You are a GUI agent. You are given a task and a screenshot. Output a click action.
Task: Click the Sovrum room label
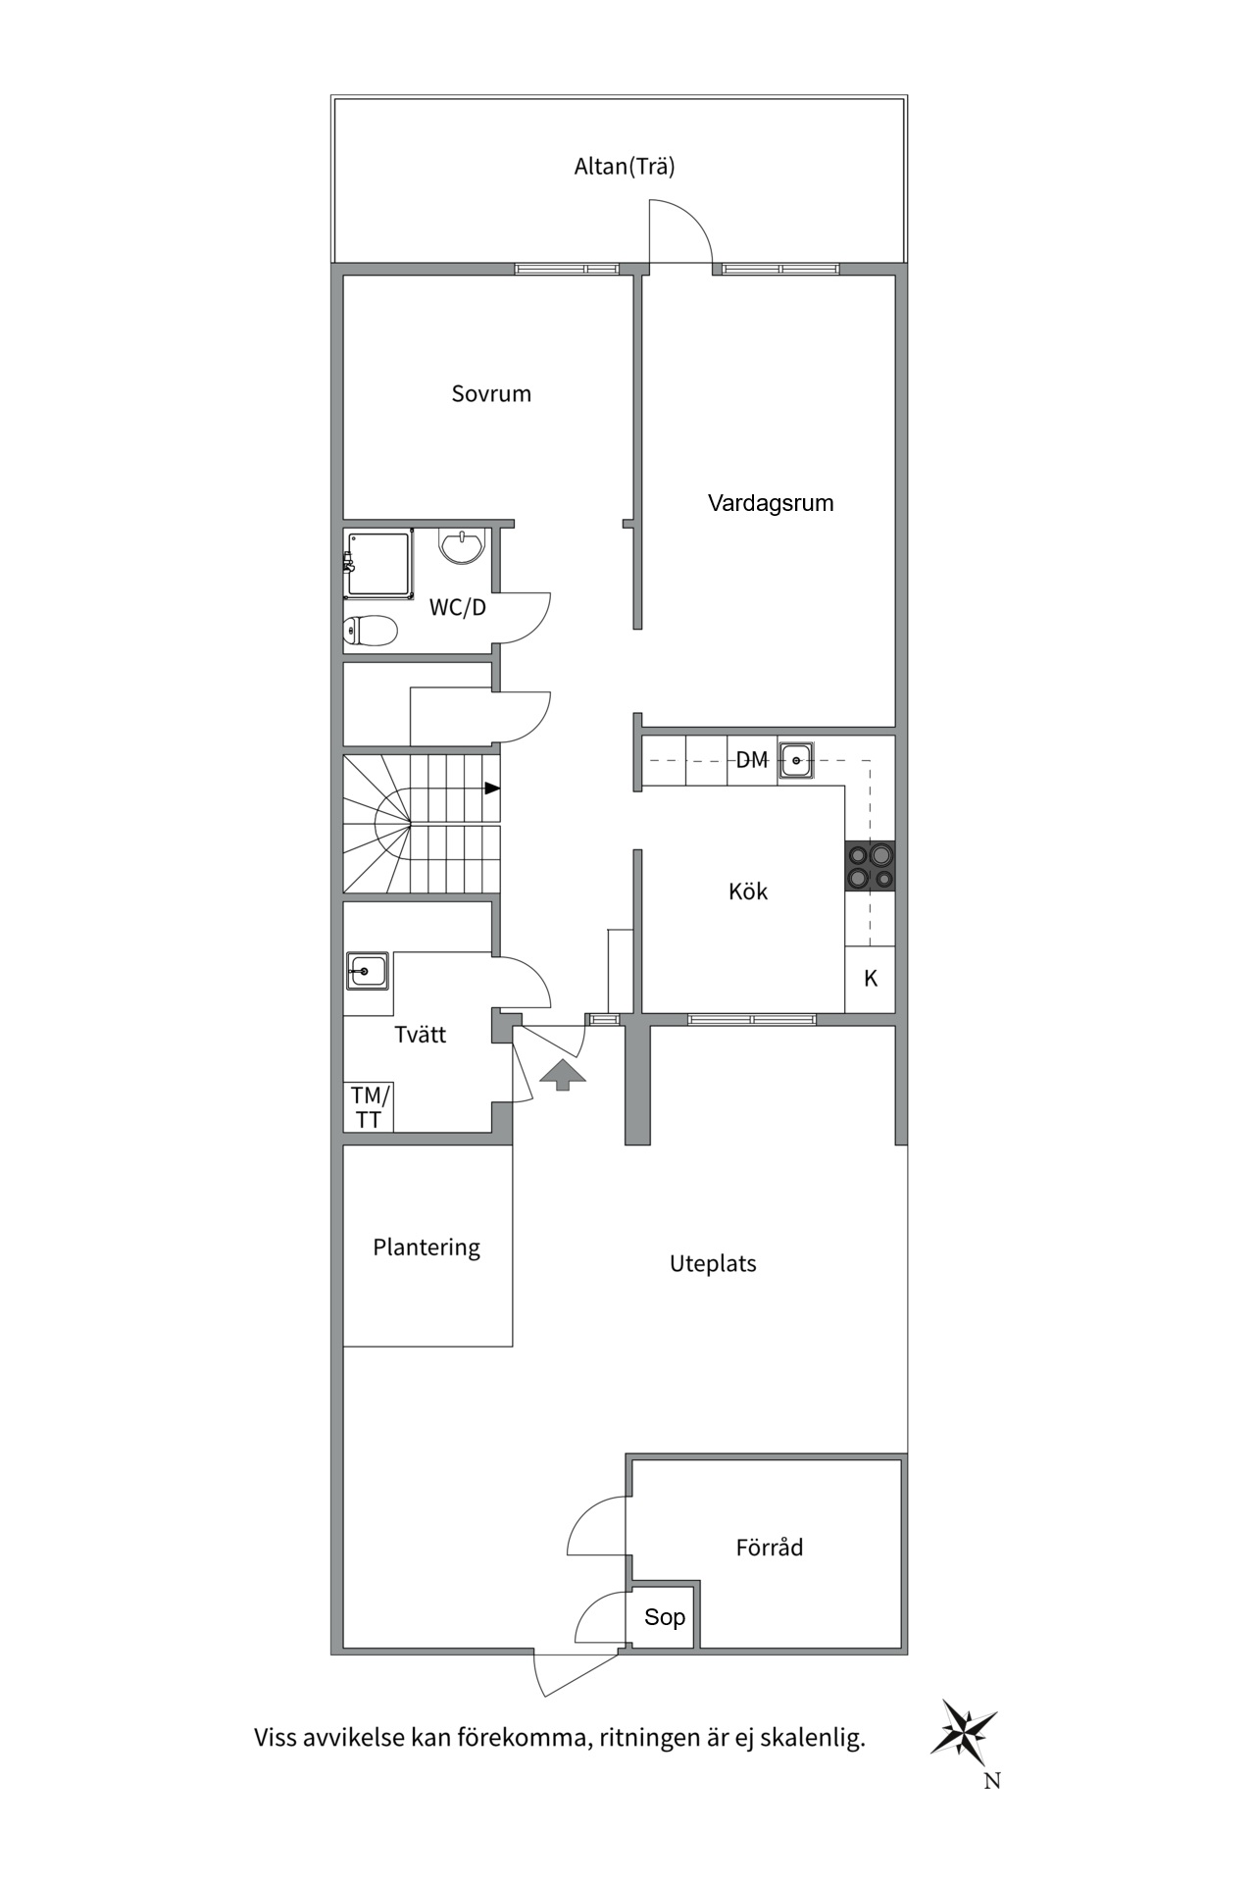pyautogui.click(x=491, y=393)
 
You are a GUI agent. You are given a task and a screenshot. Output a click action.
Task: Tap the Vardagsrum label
pyautogui.click(x=771, y=503)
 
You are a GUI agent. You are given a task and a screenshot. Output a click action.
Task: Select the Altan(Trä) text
pyautogui.click(x=625, y=166)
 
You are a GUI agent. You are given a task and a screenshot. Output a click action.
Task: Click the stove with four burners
pyautogui.click(x=871, y=866)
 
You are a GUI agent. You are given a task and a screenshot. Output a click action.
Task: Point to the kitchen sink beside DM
pyautogui.click(x=796, y=760)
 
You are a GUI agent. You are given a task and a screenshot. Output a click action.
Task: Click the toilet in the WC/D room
pyautogui.click(x=370, y=631)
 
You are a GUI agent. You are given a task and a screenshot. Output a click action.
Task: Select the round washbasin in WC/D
pyautogui.click(x=462, y=545)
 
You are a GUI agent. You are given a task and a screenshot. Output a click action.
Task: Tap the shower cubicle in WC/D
pyautogui.click(x=377, y=564)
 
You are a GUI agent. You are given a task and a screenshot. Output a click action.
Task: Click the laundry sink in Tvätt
pyautogui.click(x=367, y=971)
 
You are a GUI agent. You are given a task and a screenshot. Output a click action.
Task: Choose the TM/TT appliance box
pyautogui.click(x=369, y=1107)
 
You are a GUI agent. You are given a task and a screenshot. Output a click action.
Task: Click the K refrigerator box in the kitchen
pyautogui.click(x=871, y=979)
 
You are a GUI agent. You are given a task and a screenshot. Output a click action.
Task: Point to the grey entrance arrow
pyautogui.click(x=562, y=1074)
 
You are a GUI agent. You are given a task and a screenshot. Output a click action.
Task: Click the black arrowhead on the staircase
pyautogui.click(x=492, y=788)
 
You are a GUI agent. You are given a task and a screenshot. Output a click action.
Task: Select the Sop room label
pyautogui.click(x=665, y=1617)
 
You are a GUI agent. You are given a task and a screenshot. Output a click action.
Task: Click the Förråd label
pyautogui.click(x=770, y=1547)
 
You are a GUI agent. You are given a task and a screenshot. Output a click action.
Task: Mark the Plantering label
pyautogui.click(x=427, y=1247)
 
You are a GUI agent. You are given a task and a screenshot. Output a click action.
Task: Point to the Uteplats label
pyautogui.click(x=713, y=1263)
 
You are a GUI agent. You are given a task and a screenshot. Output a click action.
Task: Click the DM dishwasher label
pyautogui.click(x=752, y=759)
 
